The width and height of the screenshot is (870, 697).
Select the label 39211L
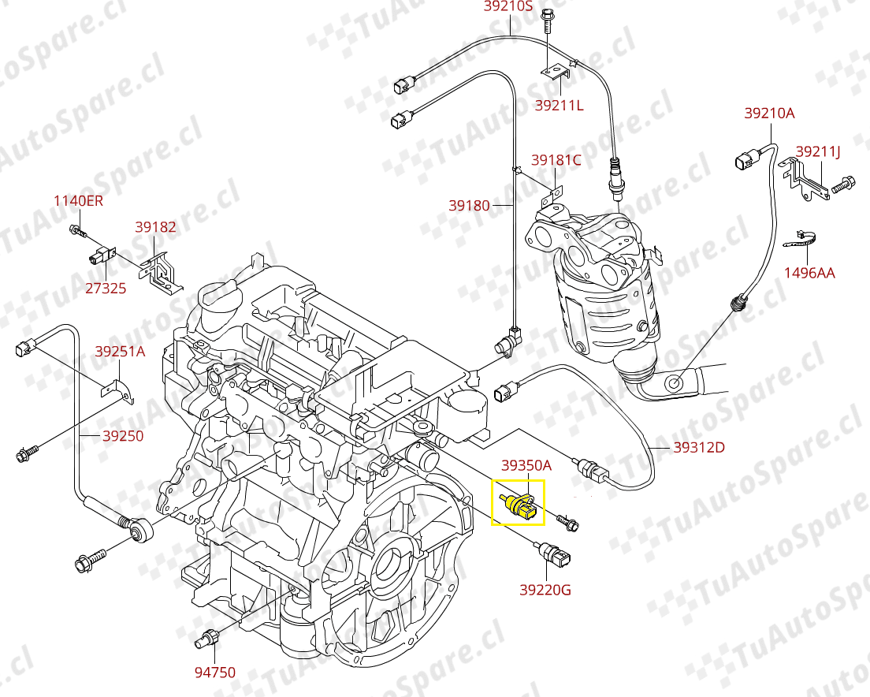click(x=559, y=105)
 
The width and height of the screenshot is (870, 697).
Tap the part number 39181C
click(x=556, y=160)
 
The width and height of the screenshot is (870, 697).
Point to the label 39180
click(x=470, y=206)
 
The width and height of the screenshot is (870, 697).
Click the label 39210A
click(x=769, y=114)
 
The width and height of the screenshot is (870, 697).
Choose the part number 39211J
click(x=818, y=151)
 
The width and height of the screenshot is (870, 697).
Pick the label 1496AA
click(x=809, y=274)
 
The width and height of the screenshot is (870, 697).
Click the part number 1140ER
click(x=78, y=201)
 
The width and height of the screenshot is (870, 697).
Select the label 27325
click(x=106, y=289)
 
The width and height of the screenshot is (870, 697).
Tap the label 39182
click(x=155, y=228)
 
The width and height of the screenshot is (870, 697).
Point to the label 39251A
click(x=121, y=352)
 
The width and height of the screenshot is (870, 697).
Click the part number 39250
click(x=122, y=435)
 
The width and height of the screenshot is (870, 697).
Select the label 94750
click(x=215, y=673)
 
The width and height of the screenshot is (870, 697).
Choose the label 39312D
click(x=698, y=448)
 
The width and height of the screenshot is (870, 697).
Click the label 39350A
click(x=526, y=466)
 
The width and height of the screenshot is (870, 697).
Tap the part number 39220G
click(x=545, y=589)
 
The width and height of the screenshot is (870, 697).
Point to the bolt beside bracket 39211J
click(x=842, y=185)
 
